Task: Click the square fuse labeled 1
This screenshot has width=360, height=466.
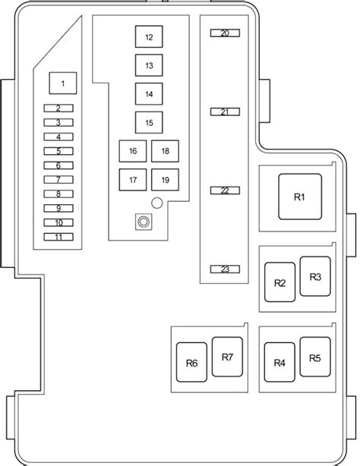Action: pos(63,83)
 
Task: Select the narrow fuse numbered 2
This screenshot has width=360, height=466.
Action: pos(58,109)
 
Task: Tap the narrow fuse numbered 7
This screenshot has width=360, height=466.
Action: pos(58,180)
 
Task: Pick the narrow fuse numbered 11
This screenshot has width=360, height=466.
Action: pos(58,237)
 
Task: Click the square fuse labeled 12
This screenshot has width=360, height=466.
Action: pos(149,36)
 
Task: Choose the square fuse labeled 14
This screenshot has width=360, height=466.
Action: pos(149,94)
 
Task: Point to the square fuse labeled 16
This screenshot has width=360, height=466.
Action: pos(133,151)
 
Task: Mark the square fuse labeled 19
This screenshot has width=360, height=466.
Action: pos(165,180)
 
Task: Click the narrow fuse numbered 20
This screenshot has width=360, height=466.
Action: pos(225,33)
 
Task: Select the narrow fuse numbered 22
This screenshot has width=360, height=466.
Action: pos(225,190)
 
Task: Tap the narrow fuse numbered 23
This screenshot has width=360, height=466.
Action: pos(225,269)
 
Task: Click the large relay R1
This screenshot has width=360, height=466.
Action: pos(300,197)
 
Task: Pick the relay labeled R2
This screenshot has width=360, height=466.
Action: pos(280,282)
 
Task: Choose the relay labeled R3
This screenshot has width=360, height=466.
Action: pos(315,276)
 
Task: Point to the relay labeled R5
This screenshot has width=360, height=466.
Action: pos(315,357)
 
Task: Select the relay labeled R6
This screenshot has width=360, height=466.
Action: pos(191,362)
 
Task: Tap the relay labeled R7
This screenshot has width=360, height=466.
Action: pos(227,357)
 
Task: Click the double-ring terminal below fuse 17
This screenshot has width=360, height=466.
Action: pos(144,222)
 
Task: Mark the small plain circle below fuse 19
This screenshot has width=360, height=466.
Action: pos(157,203)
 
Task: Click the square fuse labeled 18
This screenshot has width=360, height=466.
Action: pos(165,151)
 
